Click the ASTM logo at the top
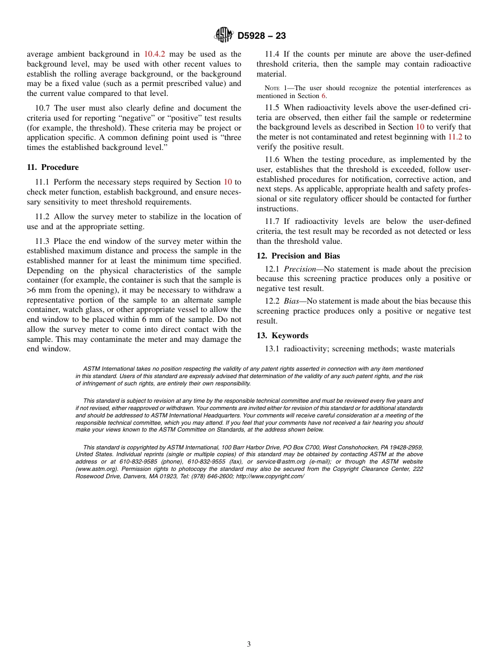click(x=224, y=36)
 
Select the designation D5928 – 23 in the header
click(x=262, y=36)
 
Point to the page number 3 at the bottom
click(x=249, y=644)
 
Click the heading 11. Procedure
click(x=52, y=167)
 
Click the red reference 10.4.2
click(x=155, y=54)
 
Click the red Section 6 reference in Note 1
click(x=323, y=96)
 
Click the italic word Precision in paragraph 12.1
click(x=300, y=269)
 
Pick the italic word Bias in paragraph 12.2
click(x=291, y=301)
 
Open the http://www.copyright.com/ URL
click(x=270, y=476)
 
